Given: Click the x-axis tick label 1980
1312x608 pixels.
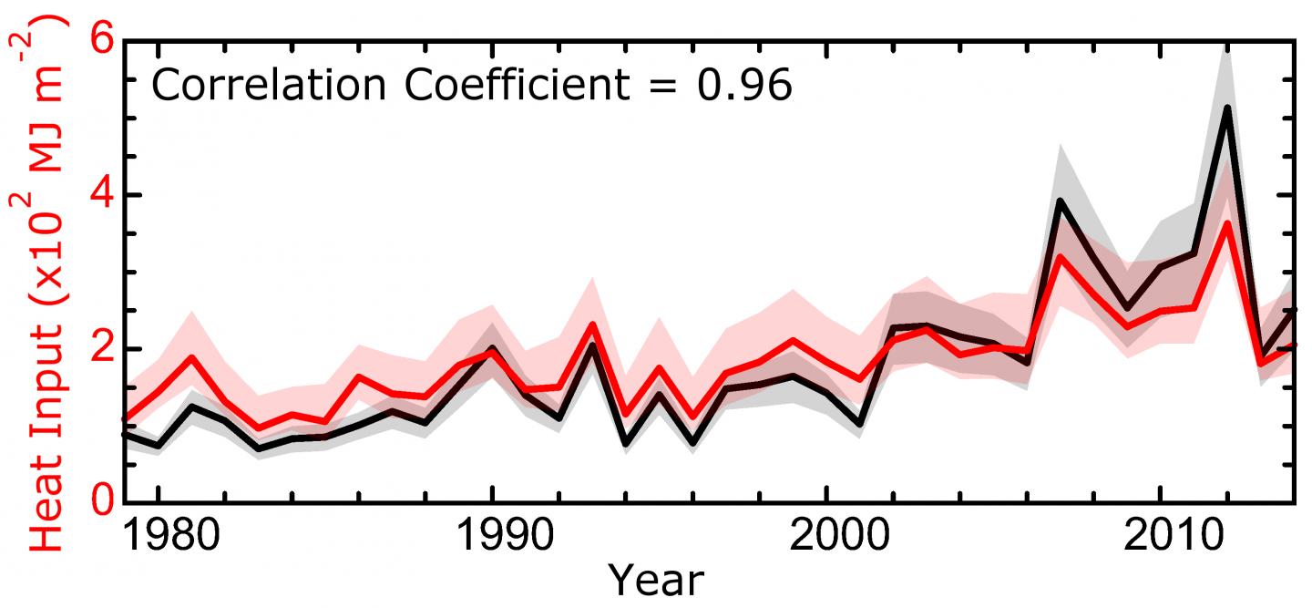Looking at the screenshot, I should click(x=159, y=536).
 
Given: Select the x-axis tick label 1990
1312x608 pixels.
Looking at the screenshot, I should click(x=492, y=536).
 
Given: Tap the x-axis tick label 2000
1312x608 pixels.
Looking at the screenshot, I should click(x=825, y=536).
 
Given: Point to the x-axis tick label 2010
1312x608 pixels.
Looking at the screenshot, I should click(x=1160, y=536).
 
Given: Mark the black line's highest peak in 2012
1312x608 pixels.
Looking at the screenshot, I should click(x=1227, y=108).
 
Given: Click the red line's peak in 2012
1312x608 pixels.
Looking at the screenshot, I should click(x=1227, y=223).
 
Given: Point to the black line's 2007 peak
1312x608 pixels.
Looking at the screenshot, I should click(x=1061, y=201).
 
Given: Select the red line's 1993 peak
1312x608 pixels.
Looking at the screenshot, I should click(x=592, y=325).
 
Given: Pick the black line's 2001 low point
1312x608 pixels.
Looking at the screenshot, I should click(x=859, y=424).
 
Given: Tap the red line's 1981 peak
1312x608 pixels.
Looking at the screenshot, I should click(x=191, y=357).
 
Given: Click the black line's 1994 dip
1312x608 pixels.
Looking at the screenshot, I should click(x=626, y=444).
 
